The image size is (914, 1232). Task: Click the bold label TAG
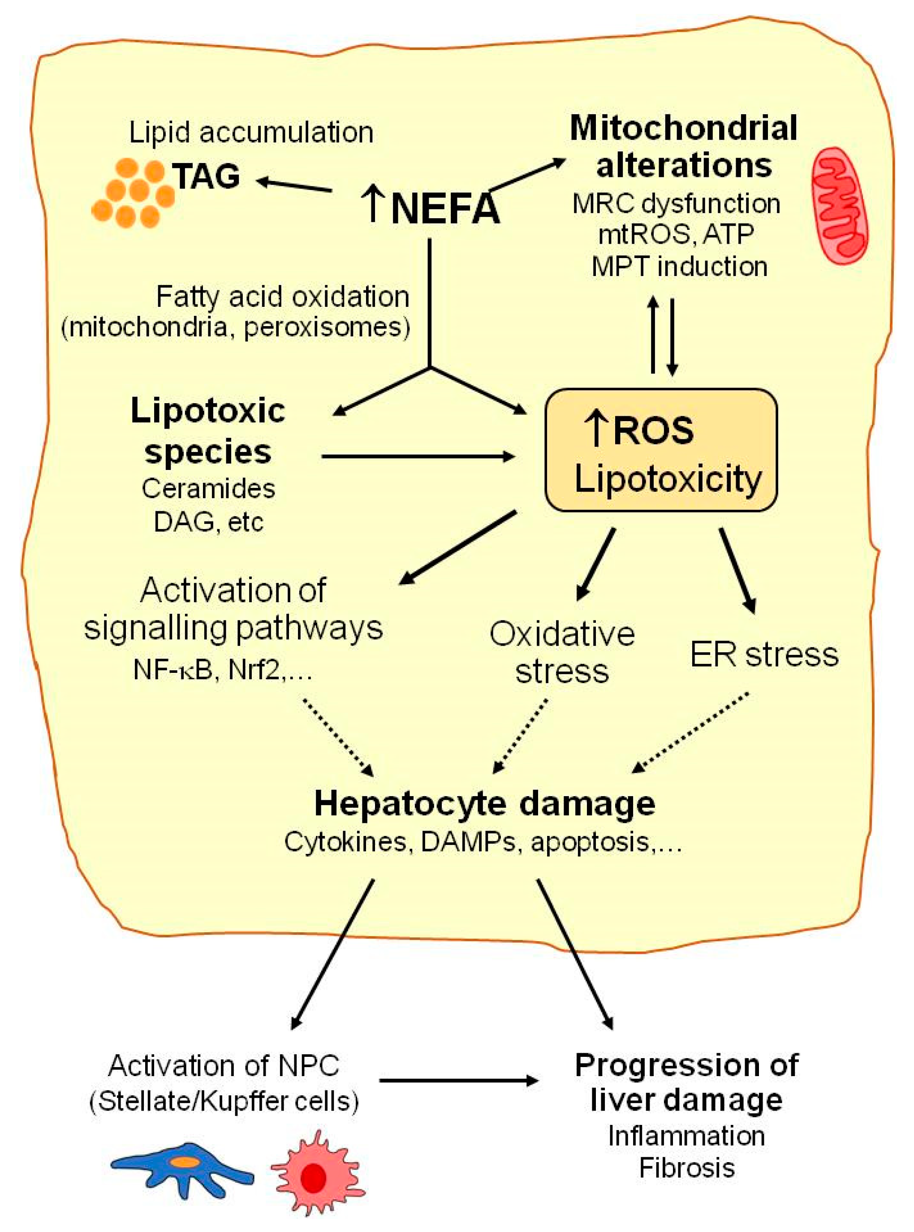[207, 176]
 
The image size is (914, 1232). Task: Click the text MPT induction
[679, 267]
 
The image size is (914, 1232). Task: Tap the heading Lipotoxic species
[208, 431]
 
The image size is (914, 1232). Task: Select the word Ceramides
[208, 488]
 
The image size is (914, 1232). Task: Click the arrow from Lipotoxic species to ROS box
[418, 457]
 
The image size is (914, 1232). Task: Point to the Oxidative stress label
[561, 652]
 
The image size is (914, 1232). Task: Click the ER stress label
[764, 655]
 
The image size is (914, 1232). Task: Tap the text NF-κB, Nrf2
[222, 671]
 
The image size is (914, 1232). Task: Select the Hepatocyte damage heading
[484, 803]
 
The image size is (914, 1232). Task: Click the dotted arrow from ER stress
[692, 731]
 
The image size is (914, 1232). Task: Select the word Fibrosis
[686, 1168]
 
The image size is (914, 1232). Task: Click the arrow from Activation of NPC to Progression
[458, 1081]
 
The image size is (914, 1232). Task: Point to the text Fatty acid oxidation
[283, 297]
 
